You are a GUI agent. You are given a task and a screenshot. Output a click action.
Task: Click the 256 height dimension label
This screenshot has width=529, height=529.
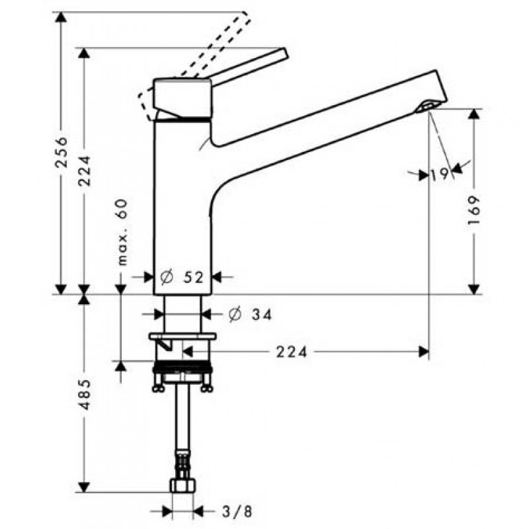[x=61, y=152]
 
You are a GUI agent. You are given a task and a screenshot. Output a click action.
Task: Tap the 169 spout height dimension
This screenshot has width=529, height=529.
[x=474, y=211]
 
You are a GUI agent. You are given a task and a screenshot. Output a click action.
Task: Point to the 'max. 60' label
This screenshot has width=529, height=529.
[x=123, y=232]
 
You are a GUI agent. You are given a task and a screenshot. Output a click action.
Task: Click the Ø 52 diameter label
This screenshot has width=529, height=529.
[x=183, y=277]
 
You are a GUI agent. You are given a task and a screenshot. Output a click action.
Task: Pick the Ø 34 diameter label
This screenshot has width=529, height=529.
[x=250, y=315]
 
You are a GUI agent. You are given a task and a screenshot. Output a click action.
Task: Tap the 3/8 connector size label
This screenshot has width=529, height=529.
[x=237, y=511]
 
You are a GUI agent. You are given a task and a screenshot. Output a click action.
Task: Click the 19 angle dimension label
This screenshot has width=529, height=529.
[x=440, y=174]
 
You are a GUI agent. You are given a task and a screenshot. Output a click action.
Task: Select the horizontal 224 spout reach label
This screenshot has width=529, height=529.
[x=292, y=352]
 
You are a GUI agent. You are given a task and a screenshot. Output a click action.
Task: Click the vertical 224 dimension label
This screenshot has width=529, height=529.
[x=84, y=171]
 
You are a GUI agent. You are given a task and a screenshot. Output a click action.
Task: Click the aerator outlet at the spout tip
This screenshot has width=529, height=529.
[x=426, y=106]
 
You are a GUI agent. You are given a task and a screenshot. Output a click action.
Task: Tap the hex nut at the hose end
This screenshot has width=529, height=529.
[x=183, y=486]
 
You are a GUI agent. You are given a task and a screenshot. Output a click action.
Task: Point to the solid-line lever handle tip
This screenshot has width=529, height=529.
[x=283, y=54]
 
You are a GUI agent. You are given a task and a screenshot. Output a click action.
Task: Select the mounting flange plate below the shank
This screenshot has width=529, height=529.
[x=183, y=337]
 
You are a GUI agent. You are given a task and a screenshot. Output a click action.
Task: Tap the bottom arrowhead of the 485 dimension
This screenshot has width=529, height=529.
[x=84, y=487]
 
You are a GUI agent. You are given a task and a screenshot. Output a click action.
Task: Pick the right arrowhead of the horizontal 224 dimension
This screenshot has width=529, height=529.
[x=424, y=352]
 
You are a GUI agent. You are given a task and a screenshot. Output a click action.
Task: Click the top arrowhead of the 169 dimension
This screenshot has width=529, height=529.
[x=474, y=114]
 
